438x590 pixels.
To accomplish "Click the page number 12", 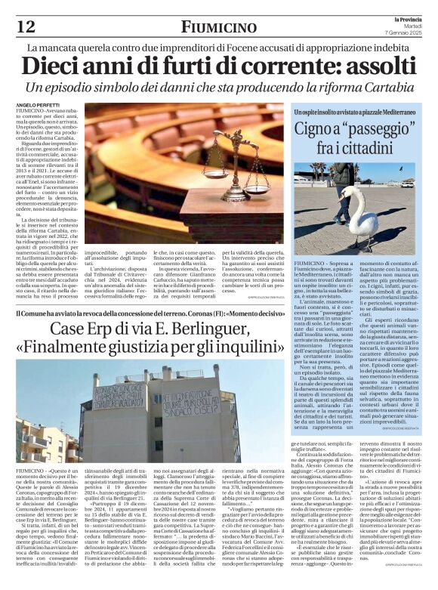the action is click(25, 26).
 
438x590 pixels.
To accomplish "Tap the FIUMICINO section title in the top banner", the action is click(218, 26).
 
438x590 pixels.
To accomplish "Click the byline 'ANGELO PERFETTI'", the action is click(38, 103).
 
